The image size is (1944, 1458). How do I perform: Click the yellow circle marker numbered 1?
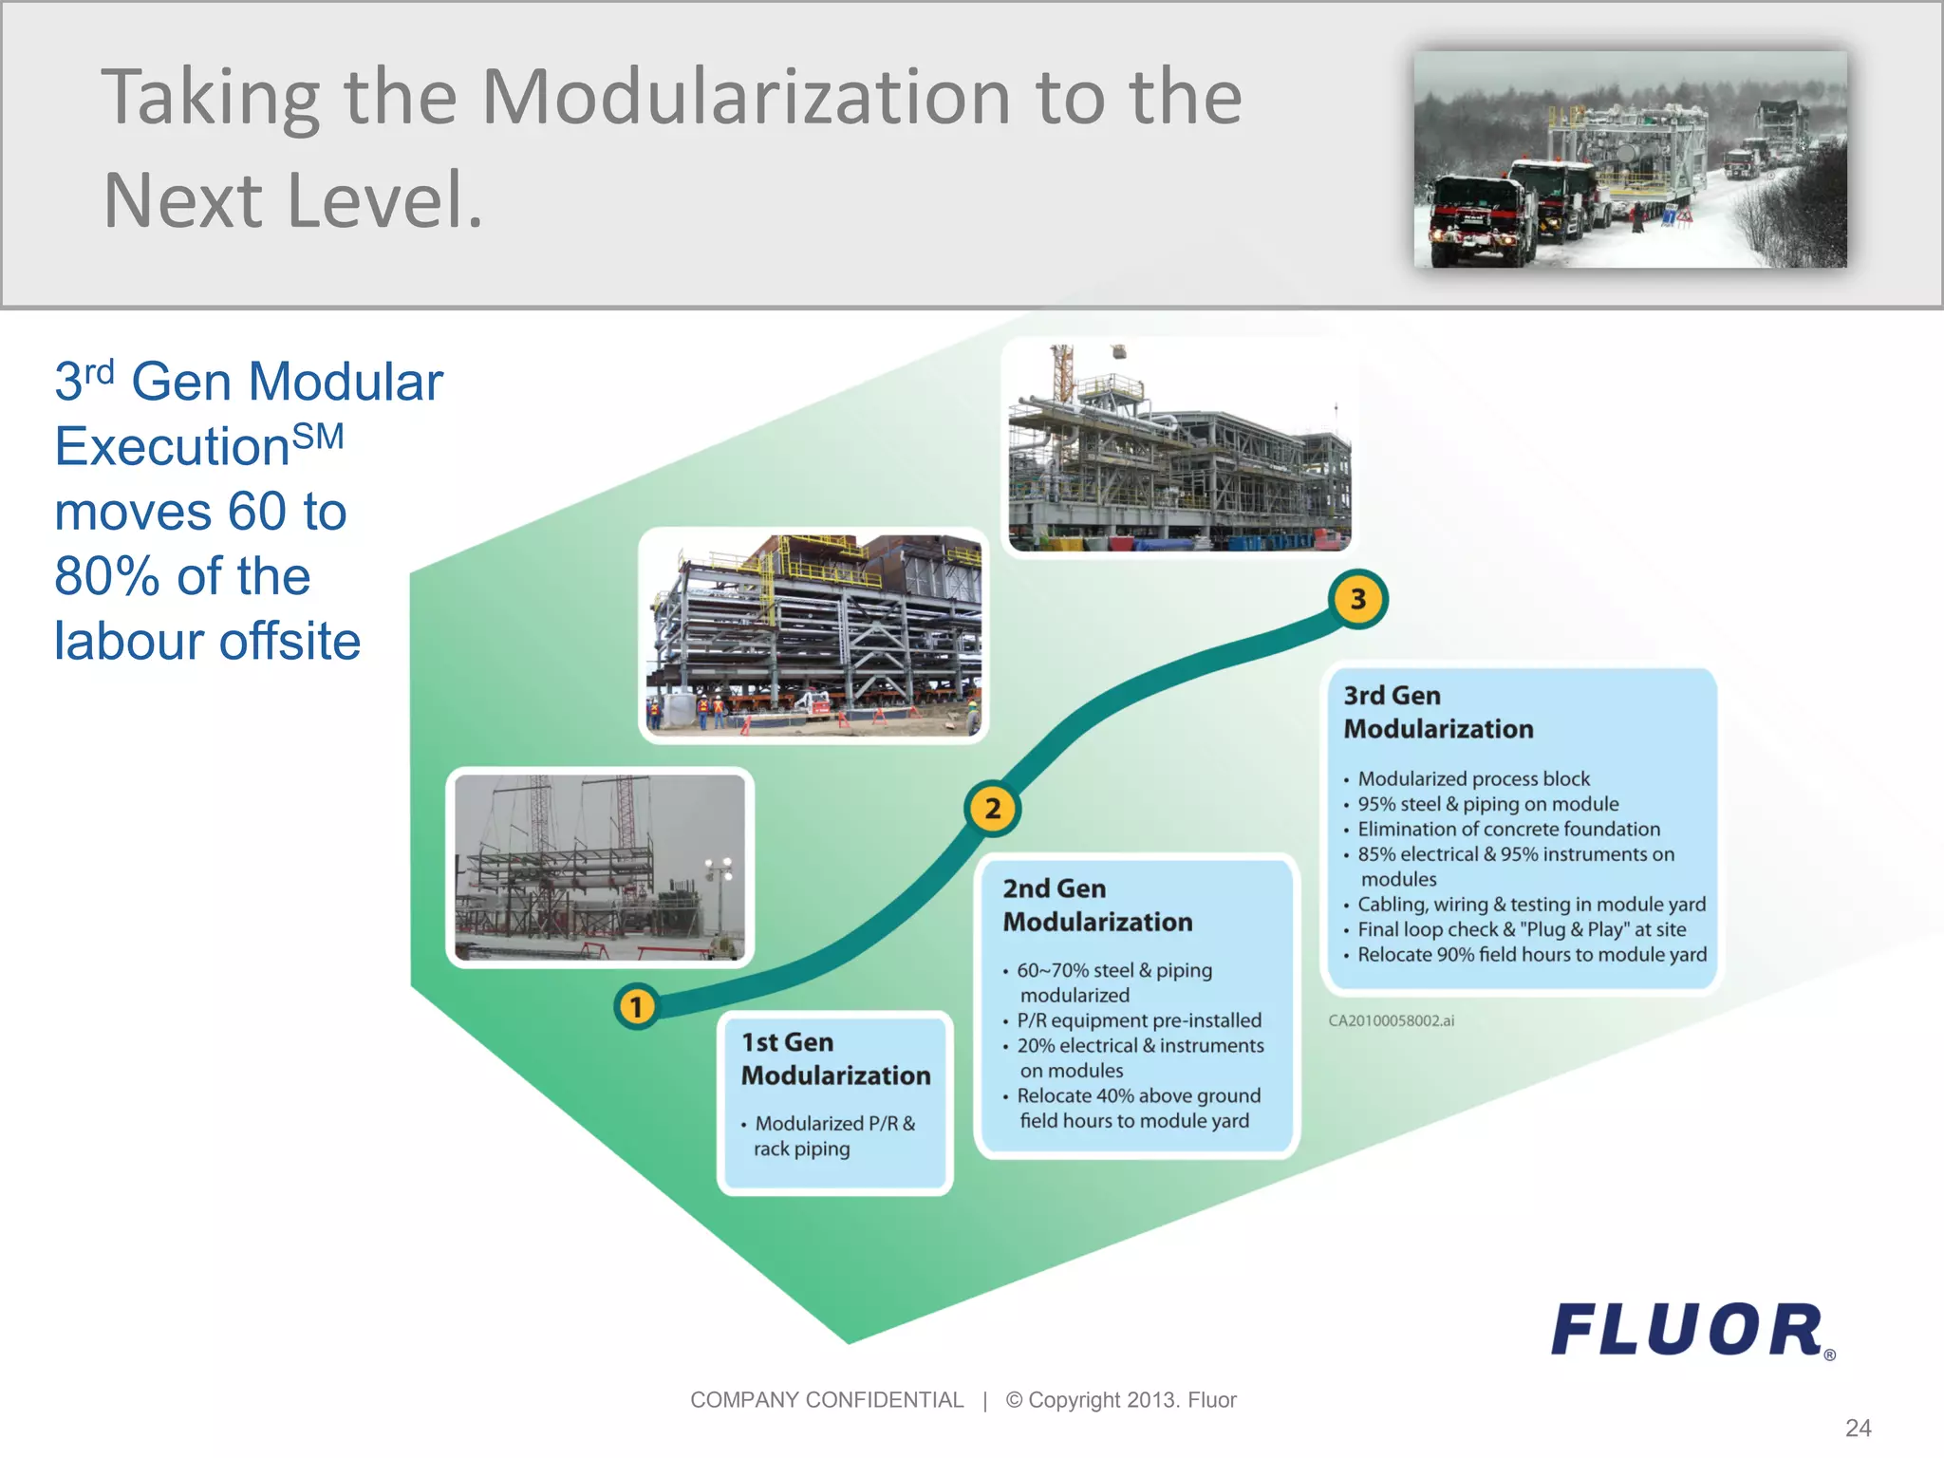tap(636, 1006)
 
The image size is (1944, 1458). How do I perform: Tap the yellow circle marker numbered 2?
tap(992, 809)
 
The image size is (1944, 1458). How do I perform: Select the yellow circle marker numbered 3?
tap(1357, 599)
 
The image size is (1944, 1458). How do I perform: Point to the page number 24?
tap(1858, 1428)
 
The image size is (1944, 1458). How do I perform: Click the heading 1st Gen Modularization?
tap(835, 1058)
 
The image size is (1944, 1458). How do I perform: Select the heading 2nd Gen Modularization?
tap(1097, 905)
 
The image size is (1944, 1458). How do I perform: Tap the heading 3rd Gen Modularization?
tap(1438, 712)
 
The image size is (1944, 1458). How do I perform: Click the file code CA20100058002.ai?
tap(1391, 1020)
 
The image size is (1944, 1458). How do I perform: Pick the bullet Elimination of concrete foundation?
tap(1507, 829)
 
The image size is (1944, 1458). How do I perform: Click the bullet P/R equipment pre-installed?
tap(1138, 1020)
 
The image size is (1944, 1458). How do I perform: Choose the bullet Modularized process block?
tap(1472, 778)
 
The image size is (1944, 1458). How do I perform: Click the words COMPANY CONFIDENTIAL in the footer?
tap(826, 1400)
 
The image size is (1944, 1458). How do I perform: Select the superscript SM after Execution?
tap(317, 437)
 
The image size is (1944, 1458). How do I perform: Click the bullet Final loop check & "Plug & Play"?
tap(1521, 929)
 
